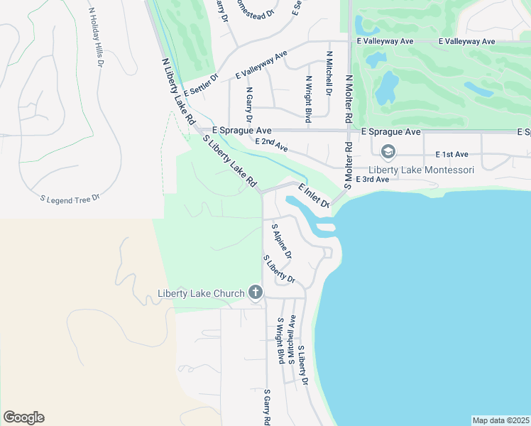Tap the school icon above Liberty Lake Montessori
(388, 151)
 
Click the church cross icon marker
(256, 293)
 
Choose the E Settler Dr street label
(200, 86)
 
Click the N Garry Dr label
(248, 105)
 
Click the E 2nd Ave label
(271, 145)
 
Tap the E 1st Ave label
(452, 154)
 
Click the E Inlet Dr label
(314, 196)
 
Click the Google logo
(23, 417)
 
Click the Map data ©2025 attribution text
(500, 420)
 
